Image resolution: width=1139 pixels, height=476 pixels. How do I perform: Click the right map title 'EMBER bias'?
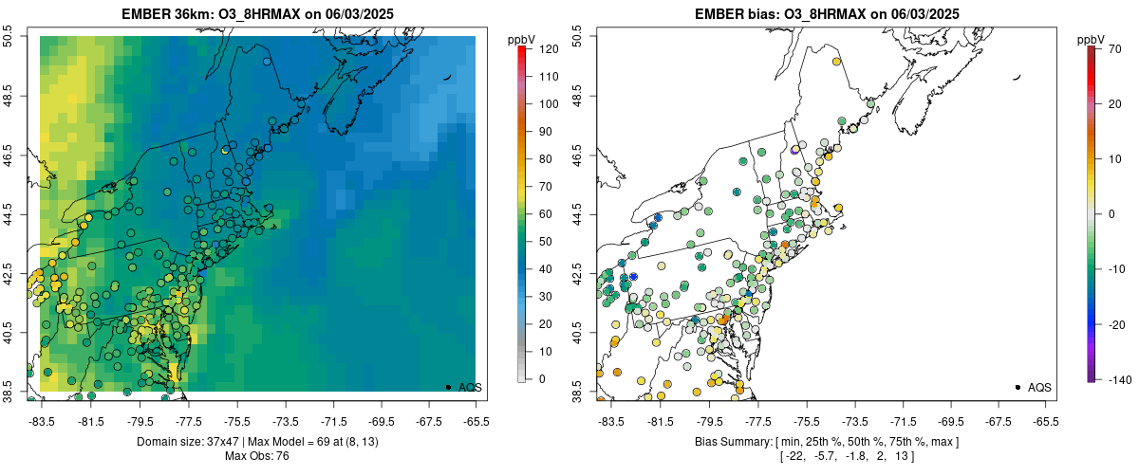tap(719, 14)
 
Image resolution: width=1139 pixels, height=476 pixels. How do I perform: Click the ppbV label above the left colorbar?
tap(522, 39)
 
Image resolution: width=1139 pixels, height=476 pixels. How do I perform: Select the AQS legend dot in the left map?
tap(448, 387)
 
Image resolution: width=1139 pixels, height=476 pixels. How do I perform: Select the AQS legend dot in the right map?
tap(1018, 387)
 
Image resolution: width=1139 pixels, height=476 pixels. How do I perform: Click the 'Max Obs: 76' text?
tap(257, 456)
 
